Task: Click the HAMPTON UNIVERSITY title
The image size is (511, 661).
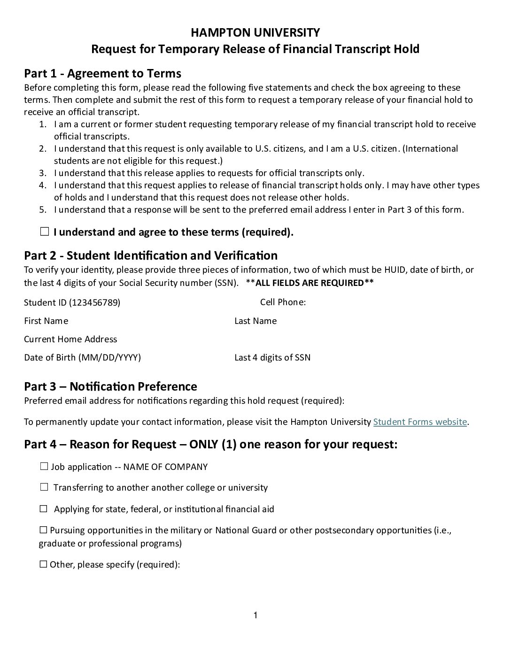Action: pyautogui.click(x=255, y=32)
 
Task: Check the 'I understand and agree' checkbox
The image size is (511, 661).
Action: pyautogui.click(x=45, y=231)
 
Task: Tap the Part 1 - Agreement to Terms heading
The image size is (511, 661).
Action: pyautogui.click(x=102, y=73)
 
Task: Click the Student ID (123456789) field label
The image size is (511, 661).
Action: pyautogui.click(x=72, y=303)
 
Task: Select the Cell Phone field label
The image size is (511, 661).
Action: pyautogui.click(x=283, y=302)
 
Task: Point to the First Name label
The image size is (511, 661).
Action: pyautogui.click(x=46, y=321)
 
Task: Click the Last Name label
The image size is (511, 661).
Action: pyautogui.click(x=255, y=321)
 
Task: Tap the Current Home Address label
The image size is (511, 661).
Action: pyautogui.click(x=70, y=339)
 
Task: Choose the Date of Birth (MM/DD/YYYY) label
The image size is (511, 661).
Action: pyautogui.click(x=82, y=358)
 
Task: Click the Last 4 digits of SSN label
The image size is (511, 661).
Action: pyautogui.click(x=272, y=358)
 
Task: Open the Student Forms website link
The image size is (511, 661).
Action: pyautogui.click(x=420, y=422)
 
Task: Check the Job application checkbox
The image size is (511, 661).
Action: pyautogui.click(x=44, y=467)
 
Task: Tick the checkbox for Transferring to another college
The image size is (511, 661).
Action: pyautogui.click(x=44, y=487)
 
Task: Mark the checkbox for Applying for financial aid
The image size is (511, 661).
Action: pyautogui.click(x=44, y=509)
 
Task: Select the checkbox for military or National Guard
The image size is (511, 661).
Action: pyautogui.click(x=44, y=530)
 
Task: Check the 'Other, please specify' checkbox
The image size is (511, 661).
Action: pyautogui.click(x=44, y=564)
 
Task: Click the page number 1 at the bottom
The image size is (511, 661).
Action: pyautogui.click(x=255, y=615)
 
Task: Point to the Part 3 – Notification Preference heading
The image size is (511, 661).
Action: pyautogui.click(x=110, y=386)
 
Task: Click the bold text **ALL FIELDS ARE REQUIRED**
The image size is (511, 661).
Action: pyautogui.click(x=310, y=283)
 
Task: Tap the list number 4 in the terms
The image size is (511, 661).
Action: pyautogui.click(x=42, y=185)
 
